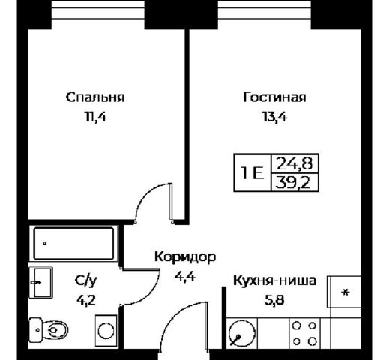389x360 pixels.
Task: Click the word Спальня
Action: (94, 97)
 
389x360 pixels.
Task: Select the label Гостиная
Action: (275, 97)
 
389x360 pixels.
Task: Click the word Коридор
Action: (185, 257)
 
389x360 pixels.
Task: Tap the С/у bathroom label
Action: (85, 281)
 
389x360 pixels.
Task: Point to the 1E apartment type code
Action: (250, 172)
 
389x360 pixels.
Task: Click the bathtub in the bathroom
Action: (73, 244)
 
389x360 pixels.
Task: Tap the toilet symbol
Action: (46, 329)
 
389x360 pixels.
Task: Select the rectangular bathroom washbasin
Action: (42, 281)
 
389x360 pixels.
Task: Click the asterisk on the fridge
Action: (346, 291)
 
